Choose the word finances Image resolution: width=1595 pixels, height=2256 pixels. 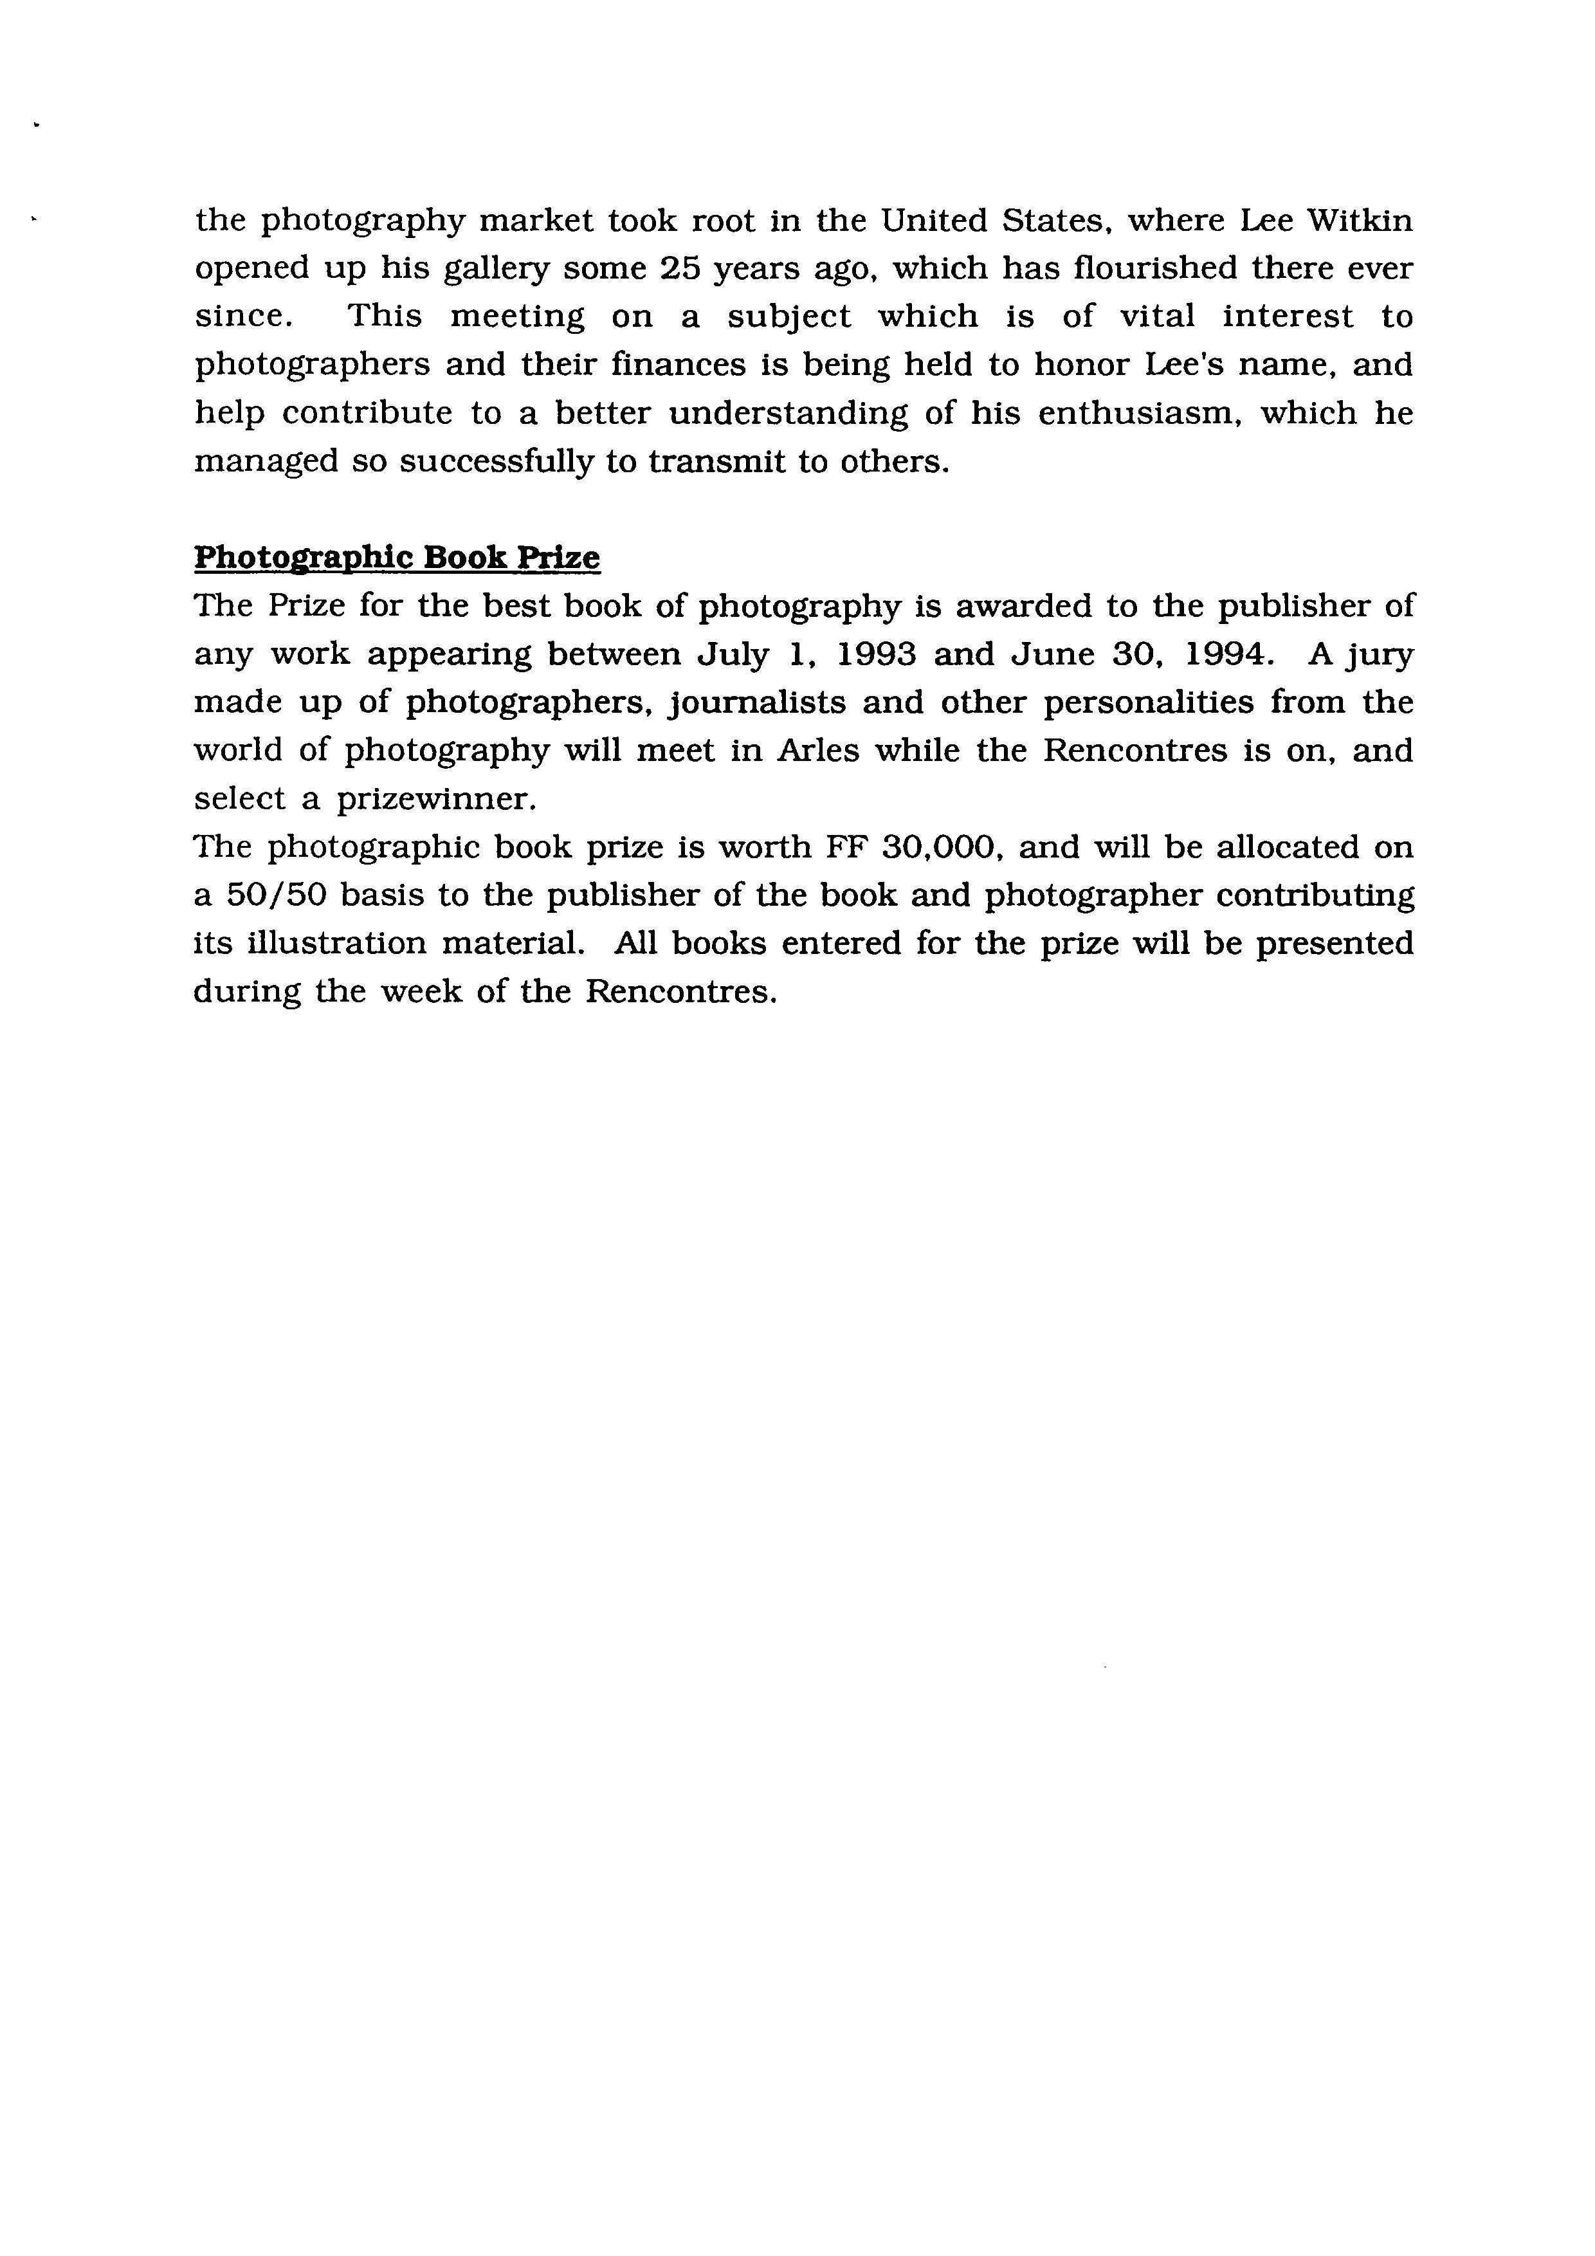pos(679,365)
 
